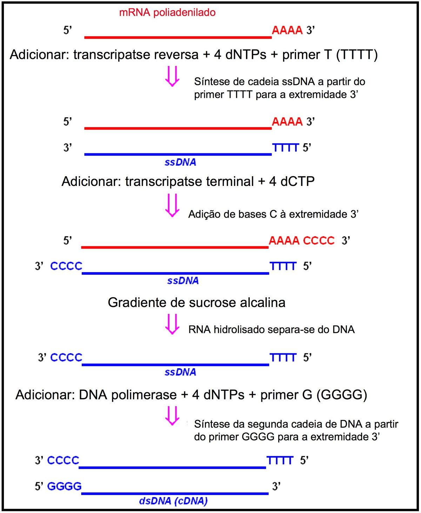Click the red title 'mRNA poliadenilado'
(167, 13)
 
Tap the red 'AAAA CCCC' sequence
(301, 241)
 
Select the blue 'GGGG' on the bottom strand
(64, 486)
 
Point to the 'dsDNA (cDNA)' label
(173, 501)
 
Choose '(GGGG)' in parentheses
(342, 395)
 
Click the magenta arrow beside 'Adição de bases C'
(172, 205)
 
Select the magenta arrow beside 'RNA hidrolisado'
(172, 324)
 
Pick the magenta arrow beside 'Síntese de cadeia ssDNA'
(172, 76)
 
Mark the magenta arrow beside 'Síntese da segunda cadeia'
(172, 416)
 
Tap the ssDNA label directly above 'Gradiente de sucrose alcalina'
(183, 281)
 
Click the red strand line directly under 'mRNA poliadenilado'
(178, 37)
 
